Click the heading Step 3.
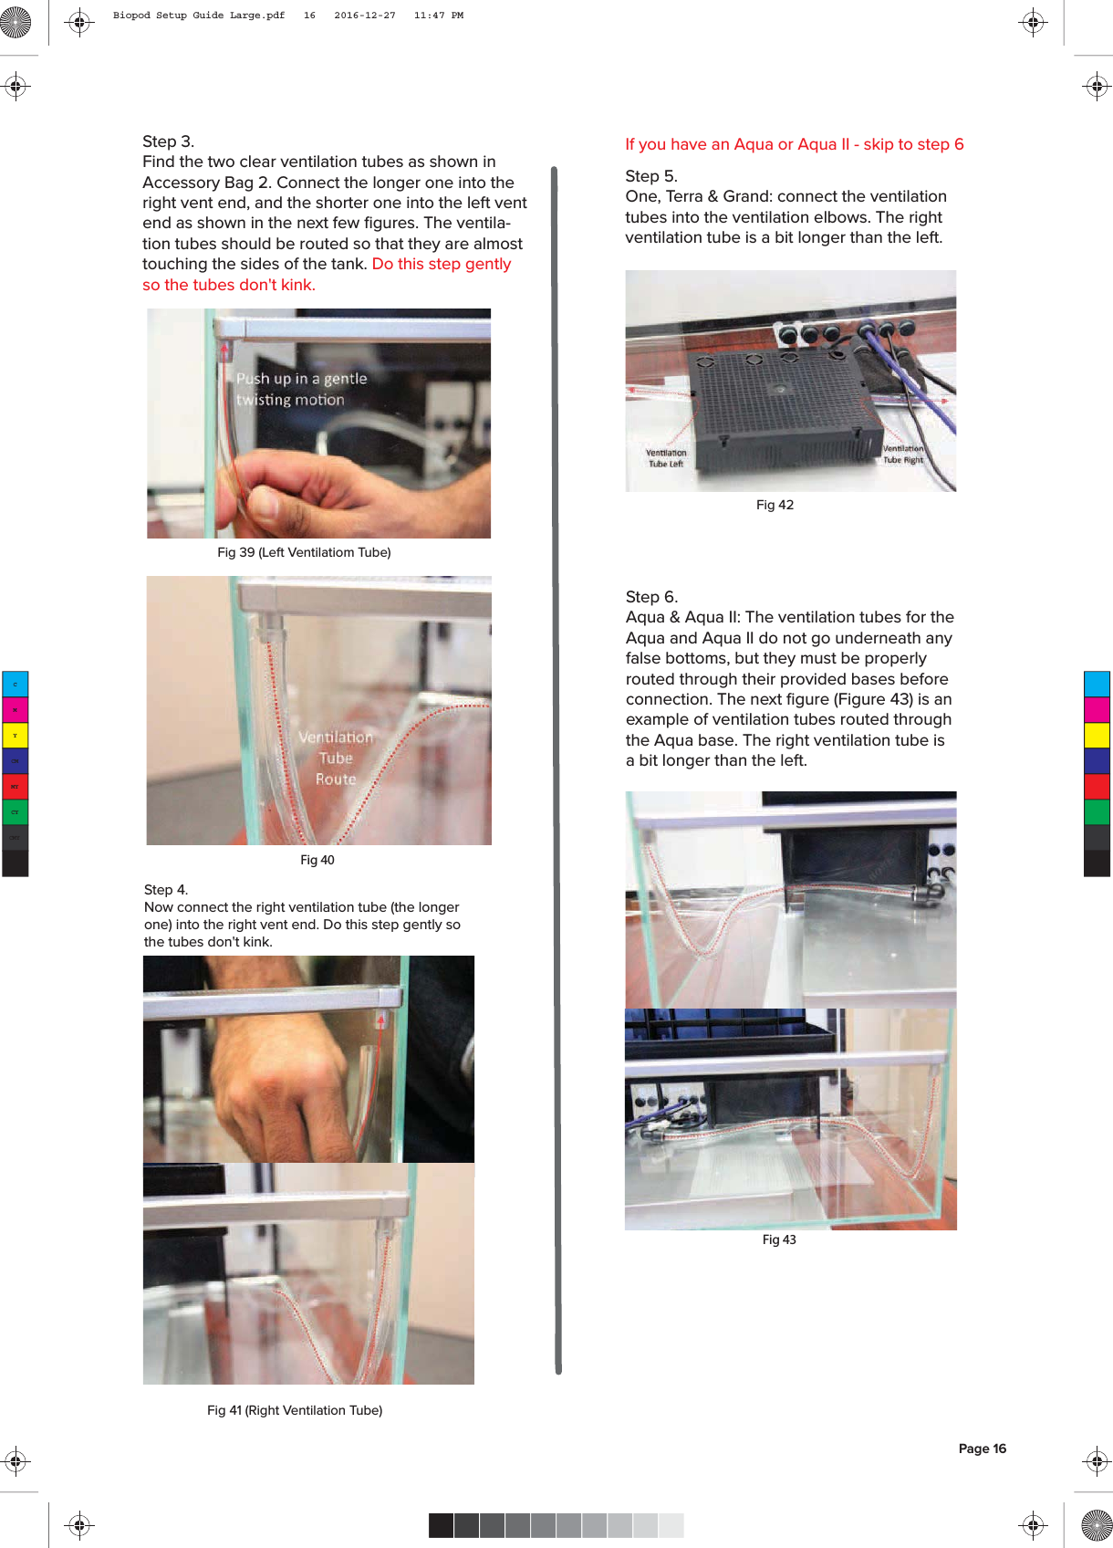pos(168,141)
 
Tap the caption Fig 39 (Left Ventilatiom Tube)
pos(304,552)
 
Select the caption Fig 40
pos(317,860)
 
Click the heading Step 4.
pos(166,890)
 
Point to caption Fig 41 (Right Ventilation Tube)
pos(295,1410)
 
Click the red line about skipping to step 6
pos(794,144)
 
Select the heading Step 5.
pos(650,176)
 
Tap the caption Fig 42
pos(775,505)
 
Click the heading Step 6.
pos(651,597)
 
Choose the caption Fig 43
pos(779,1239)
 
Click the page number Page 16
pos(982,1449)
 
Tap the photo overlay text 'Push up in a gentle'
pos(301,379)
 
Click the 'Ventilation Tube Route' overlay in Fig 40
pos(336,758)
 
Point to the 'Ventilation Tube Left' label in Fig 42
pos(666,458)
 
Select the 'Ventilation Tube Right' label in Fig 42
pos(903,454)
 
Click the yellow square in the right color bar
pos(1097,735)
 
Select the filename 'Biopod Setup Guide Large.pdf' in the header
pos(199,16)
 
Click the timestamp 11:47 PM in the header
pos(438,16)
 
